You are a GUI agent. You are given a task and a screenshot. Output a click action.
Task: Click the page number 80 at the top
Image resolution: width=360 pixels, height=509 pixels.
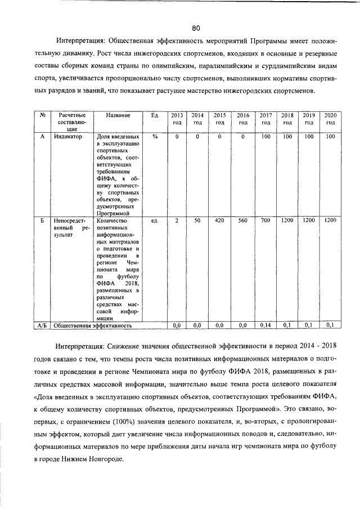point(196,28)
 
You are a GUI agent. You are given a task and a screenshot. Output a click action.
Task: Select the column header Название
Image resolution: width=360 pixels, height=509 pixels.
point(118,115)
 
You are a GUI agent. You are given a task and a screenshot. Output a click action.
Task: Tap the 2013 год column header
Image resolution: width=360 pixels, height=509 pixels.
point(177,119)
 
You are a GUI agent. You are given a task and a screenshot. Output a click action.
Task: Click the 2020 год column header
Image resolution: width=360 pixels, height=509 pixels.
point(330,119)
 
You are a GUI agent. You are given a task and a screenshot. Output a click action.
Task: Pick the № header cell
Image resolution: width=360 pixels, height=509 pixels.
point(43,115)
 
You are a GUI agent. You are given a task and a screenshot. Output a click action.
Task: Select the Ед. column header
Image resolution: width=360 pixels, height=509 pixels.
point(155,115)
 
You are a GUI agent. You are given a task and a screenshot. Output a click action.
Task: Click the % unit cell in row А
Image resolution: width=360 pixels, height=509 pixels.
point(155,137)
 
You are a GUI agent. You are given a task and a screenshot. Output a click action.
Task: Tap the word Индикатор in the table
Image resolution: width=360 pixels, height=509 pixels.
point(68,137)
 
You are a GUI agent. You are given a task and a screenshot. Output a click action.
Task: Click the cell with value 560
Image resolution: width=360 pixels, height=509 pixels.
point(243,220)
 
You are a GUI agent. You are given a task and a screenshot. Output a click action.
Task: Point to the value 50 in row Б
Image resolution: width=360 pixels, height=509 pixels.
point(197,220)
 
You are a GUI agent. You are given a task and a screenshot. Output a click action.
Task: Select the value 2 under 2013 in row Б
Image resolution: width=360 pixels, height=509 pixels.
point(177,220)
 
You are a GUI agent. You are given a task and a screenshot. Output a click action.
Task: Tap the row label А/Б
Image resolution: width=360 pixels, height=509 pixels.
point(43,325)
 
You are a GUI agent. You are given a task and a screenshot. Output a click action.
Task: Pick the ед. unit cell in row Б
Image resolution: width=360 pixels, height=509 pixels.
point(155,220)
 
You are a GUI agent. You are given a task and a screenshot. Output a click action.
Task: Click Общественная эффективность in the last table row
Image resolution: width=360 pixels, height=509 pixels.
point(93,325)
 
